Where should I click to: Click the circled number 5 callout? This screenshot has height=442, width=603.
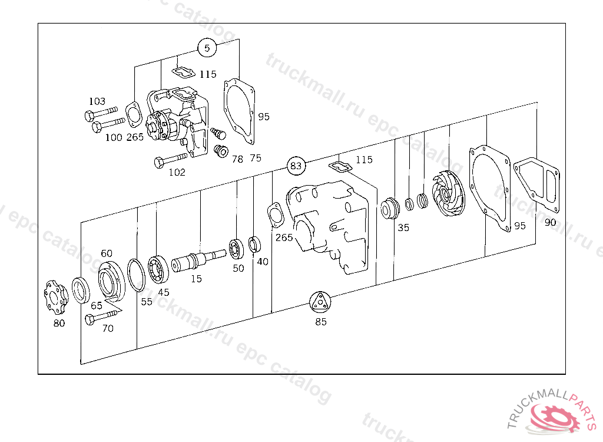click(207, 48)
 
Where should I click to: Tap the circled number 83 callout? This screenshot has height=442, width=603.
click(296, 166)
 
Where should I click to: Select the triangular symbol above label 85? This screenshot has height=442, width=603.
click(320, 302)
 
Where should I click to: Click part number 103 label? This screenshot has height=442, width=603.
click(97, 101)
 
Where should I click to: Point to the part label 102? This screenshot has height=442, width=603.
click(177, 172)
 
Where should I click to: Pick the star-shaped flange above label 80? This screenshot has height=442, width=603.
click(56, 298)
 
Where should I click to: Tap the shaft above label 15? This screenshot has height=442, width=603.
click(198, 260)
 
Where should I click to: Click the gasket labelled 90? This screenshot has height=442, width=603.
click(536, 185)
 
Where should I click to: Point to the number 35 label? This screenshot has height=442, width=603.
click(403, 227)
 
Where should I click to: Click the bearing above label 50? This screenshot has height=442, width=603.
click(236, 249)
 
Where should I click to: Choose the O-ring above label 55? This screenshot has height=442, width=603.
click(136, 275)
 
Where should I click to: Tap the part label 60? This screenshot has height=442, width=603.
click(107, 253)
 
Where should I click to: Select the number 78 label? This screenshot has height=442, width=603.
click(237, 159)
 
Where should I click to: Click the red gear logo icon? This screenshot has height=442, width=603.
click(554, 417)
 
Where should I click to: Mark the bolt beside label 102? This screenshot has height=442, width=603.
click(170, 160)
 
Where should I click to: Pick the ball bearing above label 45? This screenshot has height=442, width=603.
click(158, 269)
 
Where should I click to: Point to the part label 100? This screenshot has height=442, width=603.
click(114, 137)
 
